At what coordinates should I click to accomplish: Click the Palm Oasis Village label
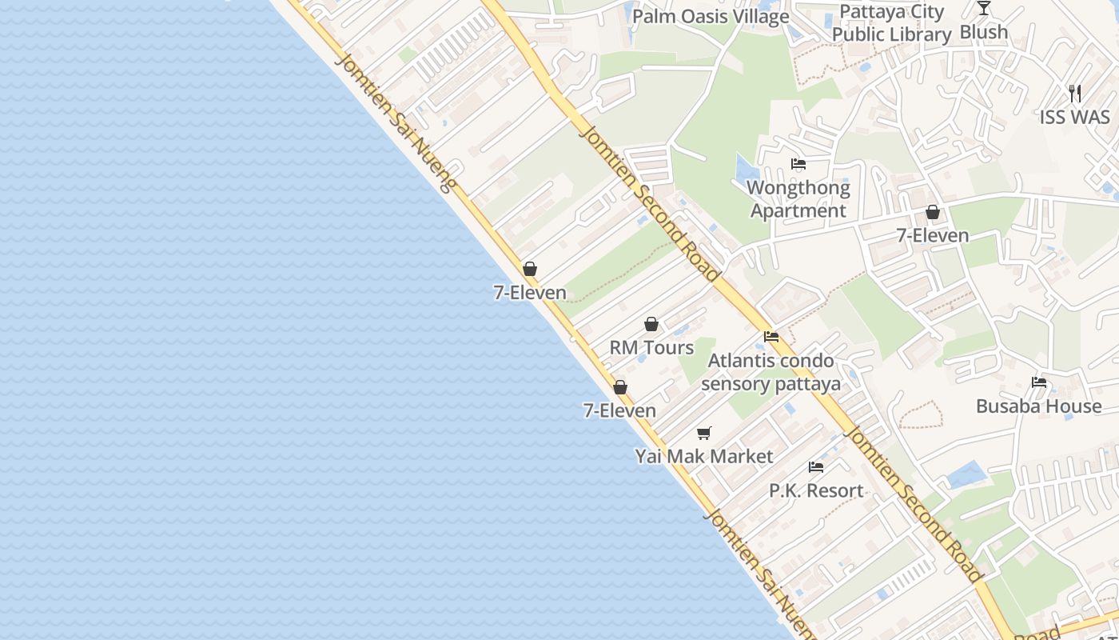pos(711,16)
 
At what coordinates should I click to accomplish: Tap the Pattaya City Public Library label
pos(891,23)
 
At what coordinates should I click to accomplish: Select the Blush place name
pos(983,32)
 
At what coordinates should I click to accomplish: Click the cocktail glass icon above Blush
pos(984,9)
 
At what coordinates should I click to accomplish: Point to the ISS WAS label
pos(1074,117)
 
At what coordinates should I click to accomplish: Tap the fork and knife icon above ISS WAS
pos(1075,94)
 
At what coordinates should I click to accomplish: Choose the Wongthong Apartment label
pos(798,199)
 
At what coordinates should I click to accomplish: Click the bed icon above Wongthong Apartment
pos(798,165)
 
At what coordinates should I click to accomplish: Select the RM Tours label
pos(651,347)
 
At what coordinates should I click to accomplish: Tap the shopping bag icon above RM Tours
pos(651,324)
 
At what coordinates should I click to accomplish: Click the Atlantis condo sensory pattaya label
pos(771,372)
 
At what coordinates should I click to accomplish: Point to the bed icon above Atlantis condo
pos(771,337)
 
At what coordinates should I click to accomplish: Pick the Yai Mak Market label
pos(704,456)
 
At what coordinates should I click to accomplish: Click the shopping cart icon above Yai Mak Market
pos(704,433)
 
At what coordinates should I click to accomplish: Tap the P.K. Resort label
pos(816,490)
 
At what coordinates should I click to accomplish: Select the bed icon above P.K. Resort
pos(816,467)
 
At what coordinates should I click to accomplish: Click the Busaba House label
pos(1038,406)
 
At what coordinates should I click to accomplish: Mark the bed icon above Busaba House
pos(1039,382)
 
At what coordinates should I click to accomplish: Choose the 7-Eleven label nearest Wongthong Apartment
pos(932,235)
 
